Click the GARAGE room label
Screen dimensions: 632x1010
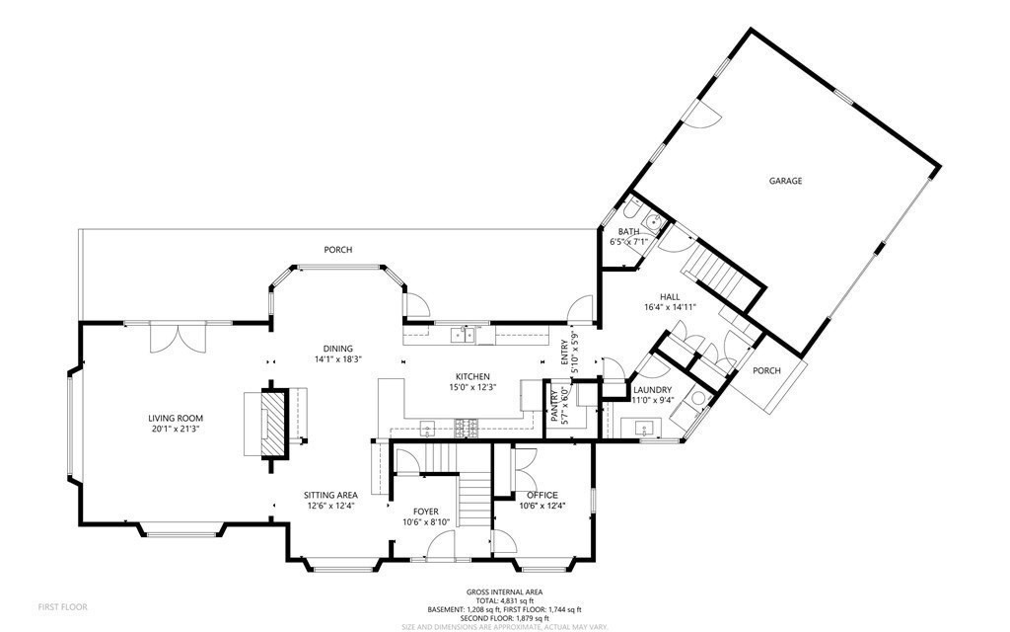coord(785,181)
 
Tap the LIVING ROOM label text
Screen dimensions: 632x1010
coord(176,418)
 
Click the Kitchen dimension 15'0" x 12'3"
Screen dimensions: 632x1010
coord(472,388)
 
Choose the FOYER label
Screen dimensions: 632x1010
coord(426,512)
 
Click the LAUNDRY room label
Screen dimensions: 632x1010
coord(652,390)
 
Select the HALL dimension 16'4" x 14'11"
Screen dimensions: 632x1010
coord(671,307)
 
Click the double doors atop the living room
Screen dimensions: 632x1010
coord(178,338)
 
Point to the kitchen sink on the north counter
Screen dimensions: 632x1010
coord(462,336)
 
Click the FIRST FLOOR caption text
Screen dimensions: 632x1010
coord(62,605)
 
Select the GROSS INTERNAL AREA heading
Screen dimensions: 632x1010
coord(505,592)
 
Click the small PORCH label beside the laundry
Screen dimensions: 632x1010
coord(766,371)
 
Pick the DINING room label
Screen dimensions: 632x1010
coord(337,348)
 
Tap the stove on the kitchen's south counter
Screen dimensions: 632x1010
coord(466,428)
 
